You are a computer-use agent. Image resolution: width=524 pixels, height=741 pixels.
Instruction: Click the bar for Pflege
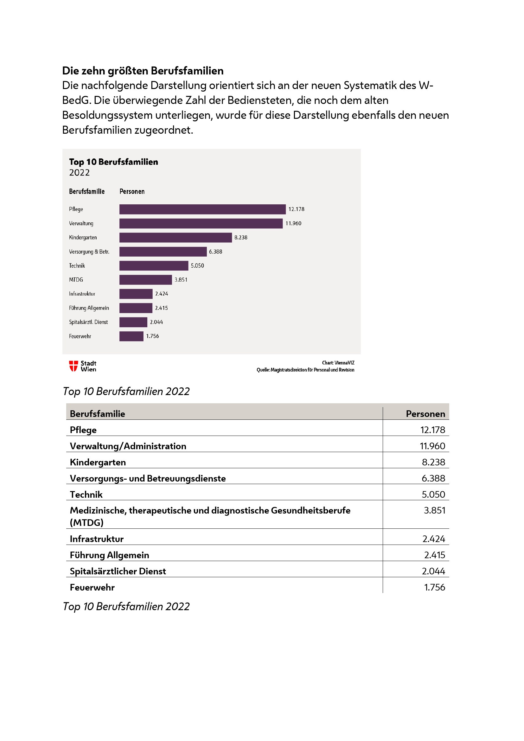[x=202, y=209]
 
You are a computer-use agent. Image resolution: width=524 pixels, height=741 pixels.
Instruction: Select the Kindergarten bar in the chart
[x=176, y=238]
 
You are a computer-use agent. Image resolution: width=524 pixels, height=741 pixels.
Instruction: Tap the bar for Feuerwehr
[x=131, y=336]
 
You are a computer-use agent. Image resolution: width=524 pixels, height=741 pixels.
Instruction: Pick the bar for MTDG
[x=145, y=280]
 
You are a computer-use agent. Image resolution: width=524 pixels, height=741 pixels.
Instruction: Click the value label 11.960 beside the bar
[x=293, y=223]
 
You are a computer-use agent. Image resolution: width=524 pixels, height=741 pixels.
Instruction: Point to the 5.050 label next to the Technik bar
[x=197, y=265]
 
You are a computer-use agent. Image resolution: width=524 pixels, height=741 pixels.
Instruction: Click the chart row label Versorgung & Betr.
[x=89, y=252]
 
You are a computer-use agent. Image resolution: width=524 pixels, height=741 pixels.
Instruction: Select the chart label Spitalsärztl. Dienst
[x=88, y=322]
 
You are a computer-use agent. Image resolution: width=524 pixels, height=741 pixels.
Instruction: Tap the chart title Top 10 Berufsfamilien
[x=114, y=162]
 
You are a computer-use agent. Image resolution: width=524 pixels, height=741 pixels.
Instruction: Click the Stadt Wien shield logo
[x=73, y=366]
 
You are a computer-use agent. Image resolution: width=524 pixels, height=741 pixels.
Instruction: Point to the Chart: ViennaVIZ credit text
[x=338, y=363]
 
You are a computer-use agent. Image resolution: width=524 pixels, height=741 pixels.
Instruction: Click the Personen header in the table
[x=425, y=414]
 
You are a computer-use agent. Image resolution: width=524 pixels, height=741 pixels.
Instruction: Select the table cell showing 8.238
[x=433, y=462]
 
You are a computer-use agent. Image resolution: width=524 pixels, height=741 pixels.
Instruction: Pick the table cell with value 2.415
[x=434, y=555]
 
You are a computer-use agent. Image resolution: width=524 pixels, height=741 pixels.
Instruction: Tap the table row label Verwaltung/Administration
[x=128, y=446]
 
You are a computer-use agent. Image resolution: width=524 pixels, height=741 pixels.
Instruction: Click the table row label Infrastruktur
[x=97, y=539]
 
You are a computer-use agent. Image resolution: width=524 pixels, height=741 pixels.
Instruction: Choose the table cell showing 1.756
[x=434, y=587]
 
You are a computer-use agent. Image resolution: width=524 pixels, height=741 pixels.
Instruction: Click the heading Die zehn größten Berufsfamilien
[x=143, y=71]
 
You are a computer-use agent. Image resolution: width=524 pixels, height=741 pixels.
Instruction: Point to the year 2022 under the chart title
[x=80, y=173]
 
